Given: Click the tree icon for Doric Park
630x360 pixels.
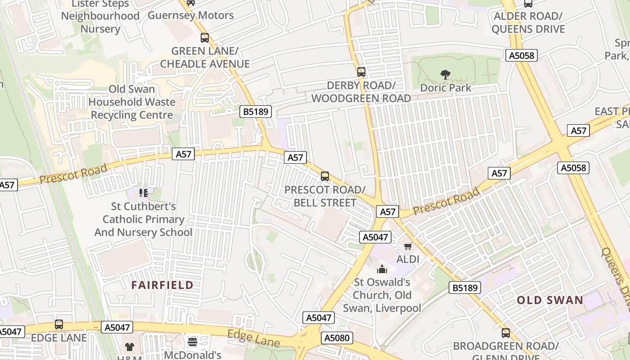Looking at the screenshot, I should click(445, 74).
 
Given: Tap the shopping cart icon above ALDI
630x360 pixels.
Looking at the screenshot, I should click(408, 246).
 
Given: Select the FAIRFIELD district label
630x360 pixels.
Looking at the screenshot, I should click(162, 285).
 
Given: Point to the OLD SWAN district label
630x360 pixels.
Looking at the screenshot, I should click(550, 300).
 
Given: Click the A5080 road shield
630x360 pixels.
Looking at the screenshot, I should click(337, 338).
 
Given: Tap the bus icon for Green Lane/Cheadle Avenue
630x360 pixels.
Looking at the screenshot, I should click(205, 38).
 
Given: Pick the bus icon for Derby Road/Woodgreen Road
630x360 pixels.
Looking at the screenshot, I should click(361, 72).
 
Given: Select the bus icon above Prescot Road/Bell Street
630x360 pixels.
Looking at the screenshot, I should click(325, 176).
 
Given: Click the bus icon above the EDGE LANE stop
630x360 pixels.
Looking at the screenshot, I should click(59, 324).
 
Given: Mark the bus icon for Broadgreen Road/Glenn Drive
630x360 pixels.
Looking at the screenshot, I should click(506, 333).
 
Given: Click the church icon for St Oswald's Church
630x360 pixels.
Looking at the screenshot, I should click(382, 269).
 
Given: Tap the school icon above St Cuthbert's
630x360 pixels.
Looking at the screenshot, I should click(144, 193).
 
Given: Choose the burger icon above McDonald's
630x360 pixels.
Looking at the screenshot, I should click(193, 342).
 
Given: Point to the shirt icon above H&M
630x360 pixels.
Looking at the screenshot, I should click(130, 346).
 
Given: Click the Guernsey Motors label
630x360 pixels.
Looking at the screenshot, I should click(191, 15).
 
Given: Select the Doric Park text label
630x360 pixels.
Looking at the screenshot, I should click(445, 87).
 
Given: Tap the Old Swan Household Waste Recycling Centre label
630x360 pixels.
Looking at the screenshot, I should click(132, 102).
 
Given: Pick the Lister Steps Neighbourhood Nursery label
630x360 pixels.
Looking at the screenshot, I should click(100, 16).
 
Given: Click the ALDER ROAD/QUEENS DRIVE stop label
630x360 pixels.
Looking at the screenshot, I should click(528, 22).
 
